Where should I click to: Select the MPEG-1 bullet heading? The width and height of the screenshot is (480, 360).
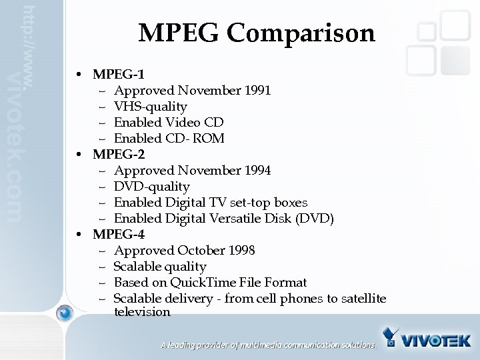[119, 74]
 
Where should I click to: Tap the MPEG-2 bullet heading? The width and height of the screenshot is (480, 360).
[119, 154]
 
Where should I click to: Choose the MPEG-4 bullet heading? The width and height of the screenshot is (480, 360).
[119, 234]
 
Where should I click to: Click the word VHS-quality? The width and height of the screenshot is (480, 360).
[151, 106]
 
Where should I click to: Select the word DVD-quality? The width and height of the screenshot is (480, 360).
[152, 186]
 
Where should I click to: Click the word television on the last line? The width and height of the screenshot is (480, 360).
[142, 311]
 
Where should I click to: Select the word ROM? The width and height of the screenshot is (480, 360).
[209, 138]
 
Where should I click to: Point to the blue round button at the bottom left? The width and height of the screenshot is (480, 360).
[65, 311]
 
